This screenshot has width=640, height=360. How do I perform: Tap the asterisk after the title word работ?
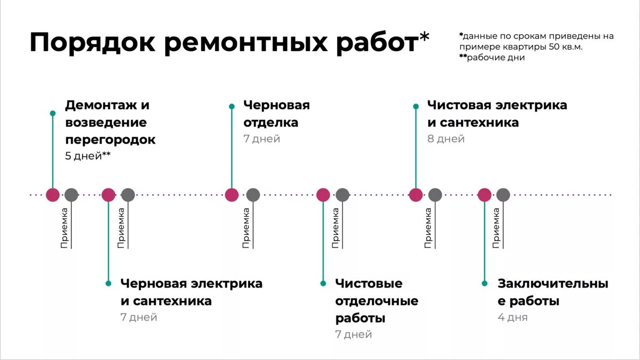424,37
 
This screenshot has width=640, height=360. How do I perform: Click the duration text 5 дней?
83,156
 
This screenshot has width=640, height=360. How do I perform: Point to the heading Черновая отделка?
276,114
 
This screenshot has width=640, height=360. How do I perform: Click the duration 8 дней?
446,139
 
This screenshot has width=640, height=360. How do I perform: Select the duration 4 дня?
513,317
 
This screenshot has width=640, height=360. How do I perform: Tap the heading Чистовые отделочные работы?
377,301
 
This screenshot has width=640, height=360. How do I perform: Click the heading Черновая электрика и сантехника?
191,292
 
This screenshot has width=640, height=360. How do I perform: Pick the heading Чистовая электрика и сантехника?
497,114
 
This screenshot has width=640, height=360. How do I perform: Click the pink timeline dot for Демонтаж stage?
52,195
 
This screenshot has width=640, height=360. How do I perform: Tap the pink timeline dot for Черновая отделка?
231,195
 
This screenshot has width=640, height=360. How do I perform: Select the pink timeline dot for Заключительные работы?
484,195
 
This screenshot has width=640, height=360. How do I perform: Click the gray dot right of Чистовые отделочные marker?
342,195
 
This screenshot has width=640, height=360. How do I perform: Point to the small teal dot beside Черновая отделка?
231,106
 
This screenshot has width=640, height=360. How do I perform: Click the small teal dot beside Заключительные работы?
484,284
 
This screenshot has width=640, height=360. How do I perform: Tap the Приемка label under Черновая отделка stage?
246,228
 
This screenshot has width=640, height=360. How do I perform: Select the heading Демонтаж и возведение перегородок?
110,122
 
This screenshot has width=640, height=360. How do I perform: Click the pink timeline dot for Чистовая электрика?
415,195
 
